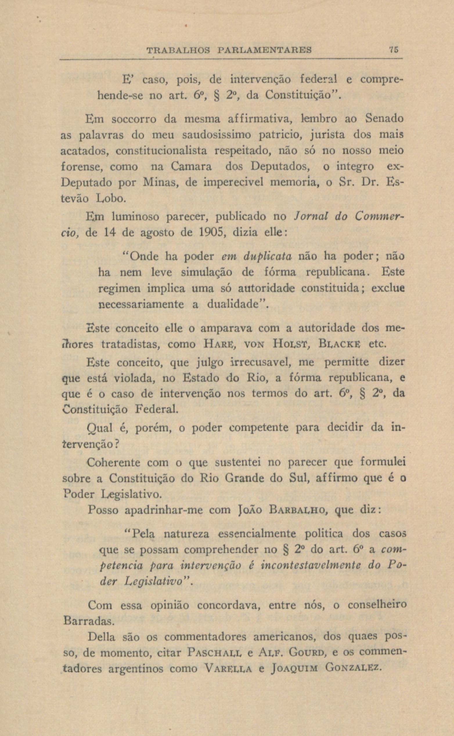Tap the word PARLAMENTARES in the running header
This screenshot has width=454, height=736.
pos(264,50)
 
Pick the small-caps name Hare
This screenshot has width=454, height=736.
pos(219,344)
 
